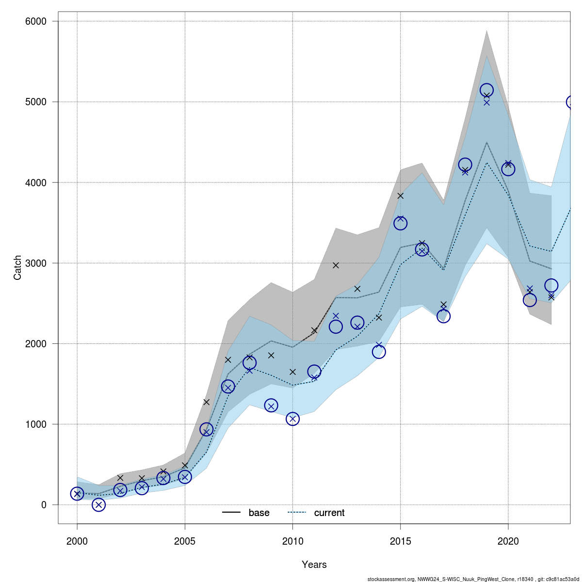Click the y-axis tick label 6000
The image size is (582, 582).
tap(36, 21)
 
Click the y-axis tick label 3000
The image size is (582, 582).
tap(36, 263)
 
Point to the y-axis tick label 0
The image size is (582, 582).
tap(44, 505)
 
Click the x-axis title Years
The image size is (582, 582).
tap(314, 565)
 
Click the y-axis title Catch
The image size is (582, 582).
tap(18, 268)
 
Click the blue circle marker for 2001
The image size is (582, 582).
tap(98, 505)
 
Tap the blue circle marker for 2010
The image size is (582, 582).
tap(292, 419)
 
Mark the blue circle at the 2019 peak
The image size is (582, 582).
tap(486, 90)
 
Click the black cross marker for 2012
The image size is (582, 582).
tap(336, 265)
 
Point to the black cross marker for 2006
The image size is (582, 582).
tap(206, 402)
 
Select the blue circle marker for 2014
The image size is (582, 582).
tap(379, 352)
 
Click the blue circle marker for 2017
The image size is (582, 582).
tap(443, 316)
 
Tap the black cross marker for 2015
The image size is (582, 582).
tap(400, 195)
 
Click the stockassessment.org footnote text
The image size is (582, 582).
tap(473, 579)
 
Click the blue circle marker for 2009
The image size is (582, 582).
tap(271, 405)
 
